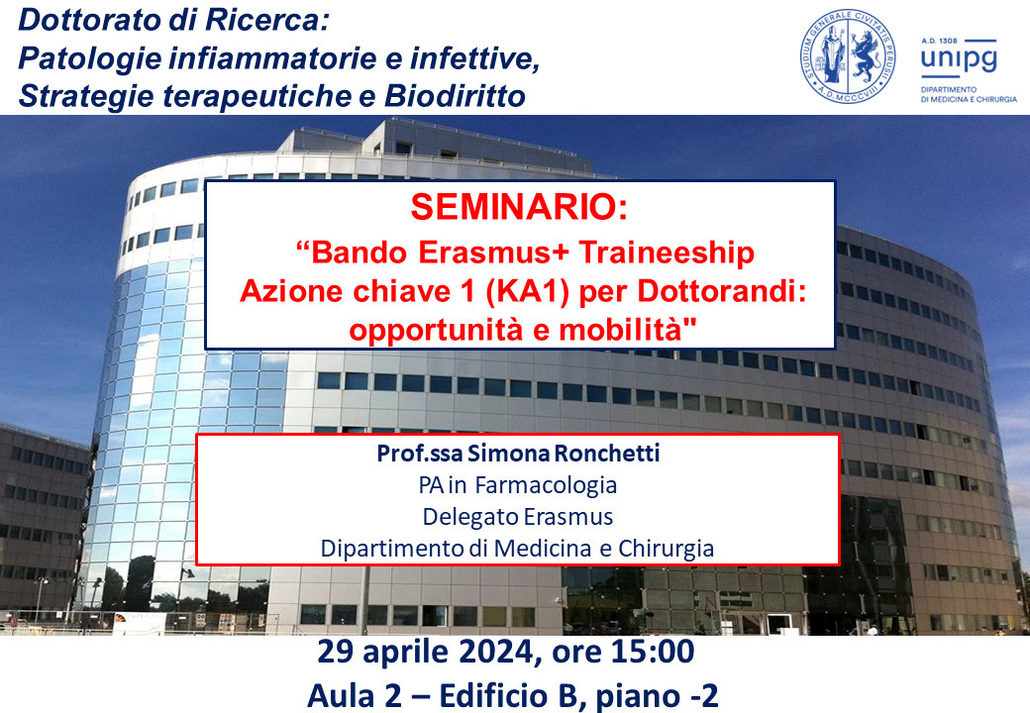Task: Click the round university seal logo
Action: [x=848, y=56]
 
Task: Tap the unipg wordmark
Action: [x=959, y=59]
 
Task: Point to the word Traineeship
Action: [x=667, y=254]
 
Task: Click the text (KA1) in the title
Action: [x=528, y=291]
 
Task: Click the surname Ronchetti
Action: [x=607, y=453]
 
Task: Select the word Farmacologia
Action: [x=546, y=485]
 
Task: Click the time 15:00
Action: [x=653, y=652]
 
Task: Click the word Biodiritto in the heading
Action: [x=455, y=96]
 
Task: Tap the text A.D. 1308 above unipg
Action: [x=939, y=40]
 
